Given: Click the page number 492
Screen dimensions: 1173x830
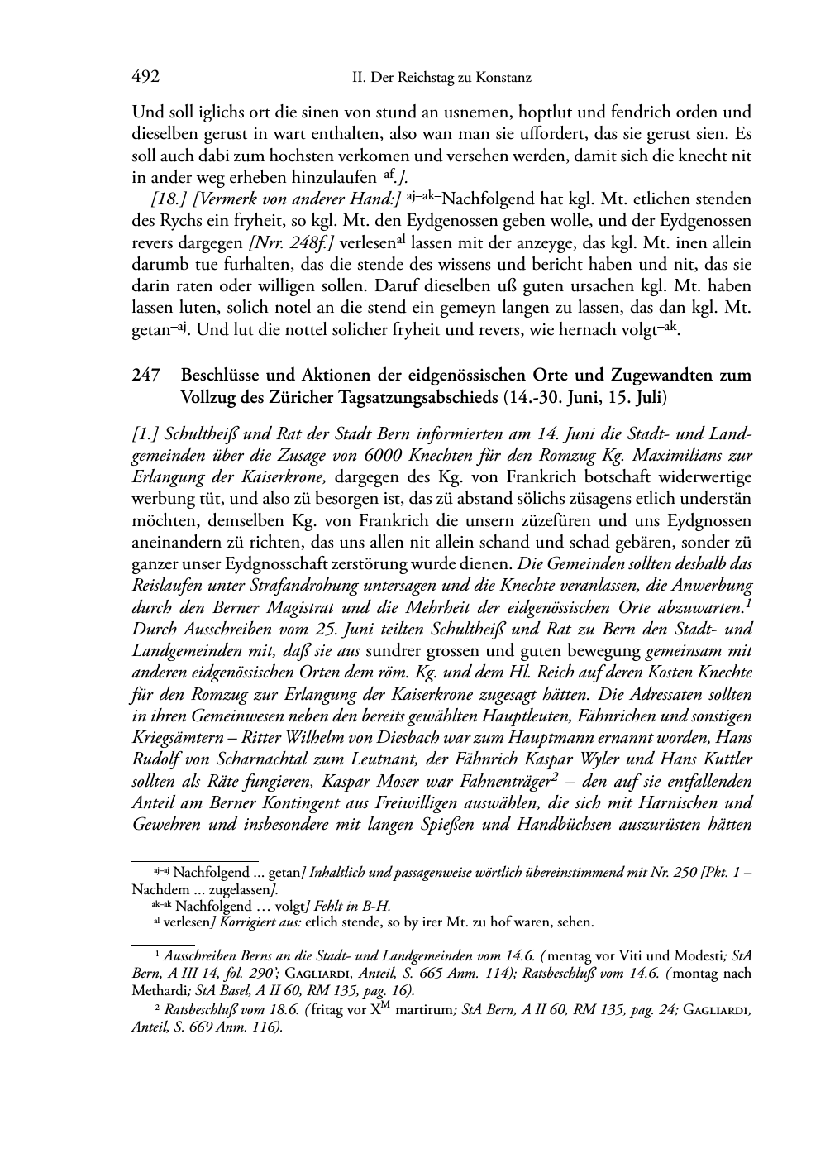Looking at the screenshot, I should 145,77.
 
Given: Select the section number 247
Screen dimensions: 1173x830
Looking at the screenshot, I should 145,375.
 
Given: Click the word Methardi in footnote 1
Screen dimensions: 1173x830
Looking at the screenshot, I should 162,990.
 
